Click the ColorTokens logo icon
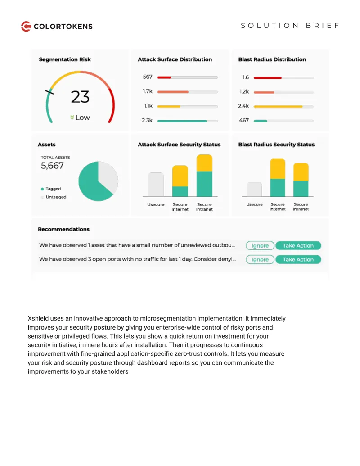point(26,26)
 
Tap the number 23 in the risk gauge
point(80,97)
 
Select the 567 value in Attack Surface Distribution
point(148,77)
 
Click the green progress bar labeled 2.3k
point(182,121)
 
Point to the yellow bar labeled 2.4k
point(278,106)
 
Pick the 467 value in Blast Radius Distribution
point(244,120)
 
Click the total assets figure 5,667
point(52,166)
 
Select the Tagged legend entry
point(51,189)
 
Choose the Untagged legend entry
point(54,197)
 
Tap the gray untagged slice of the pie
point(108,178)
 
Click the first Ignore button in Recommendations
point(260,245)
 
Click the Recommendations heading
point(63,229)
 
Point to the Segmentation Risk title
point(65,59)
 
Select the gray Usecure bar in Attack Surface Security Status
point(156,185)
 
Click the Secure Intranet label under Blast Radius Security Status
point(301,207)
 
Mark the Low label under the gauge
point(80,118)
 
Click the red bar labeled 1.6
point(268,78)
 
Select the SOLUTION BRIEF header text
point(290,26)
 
